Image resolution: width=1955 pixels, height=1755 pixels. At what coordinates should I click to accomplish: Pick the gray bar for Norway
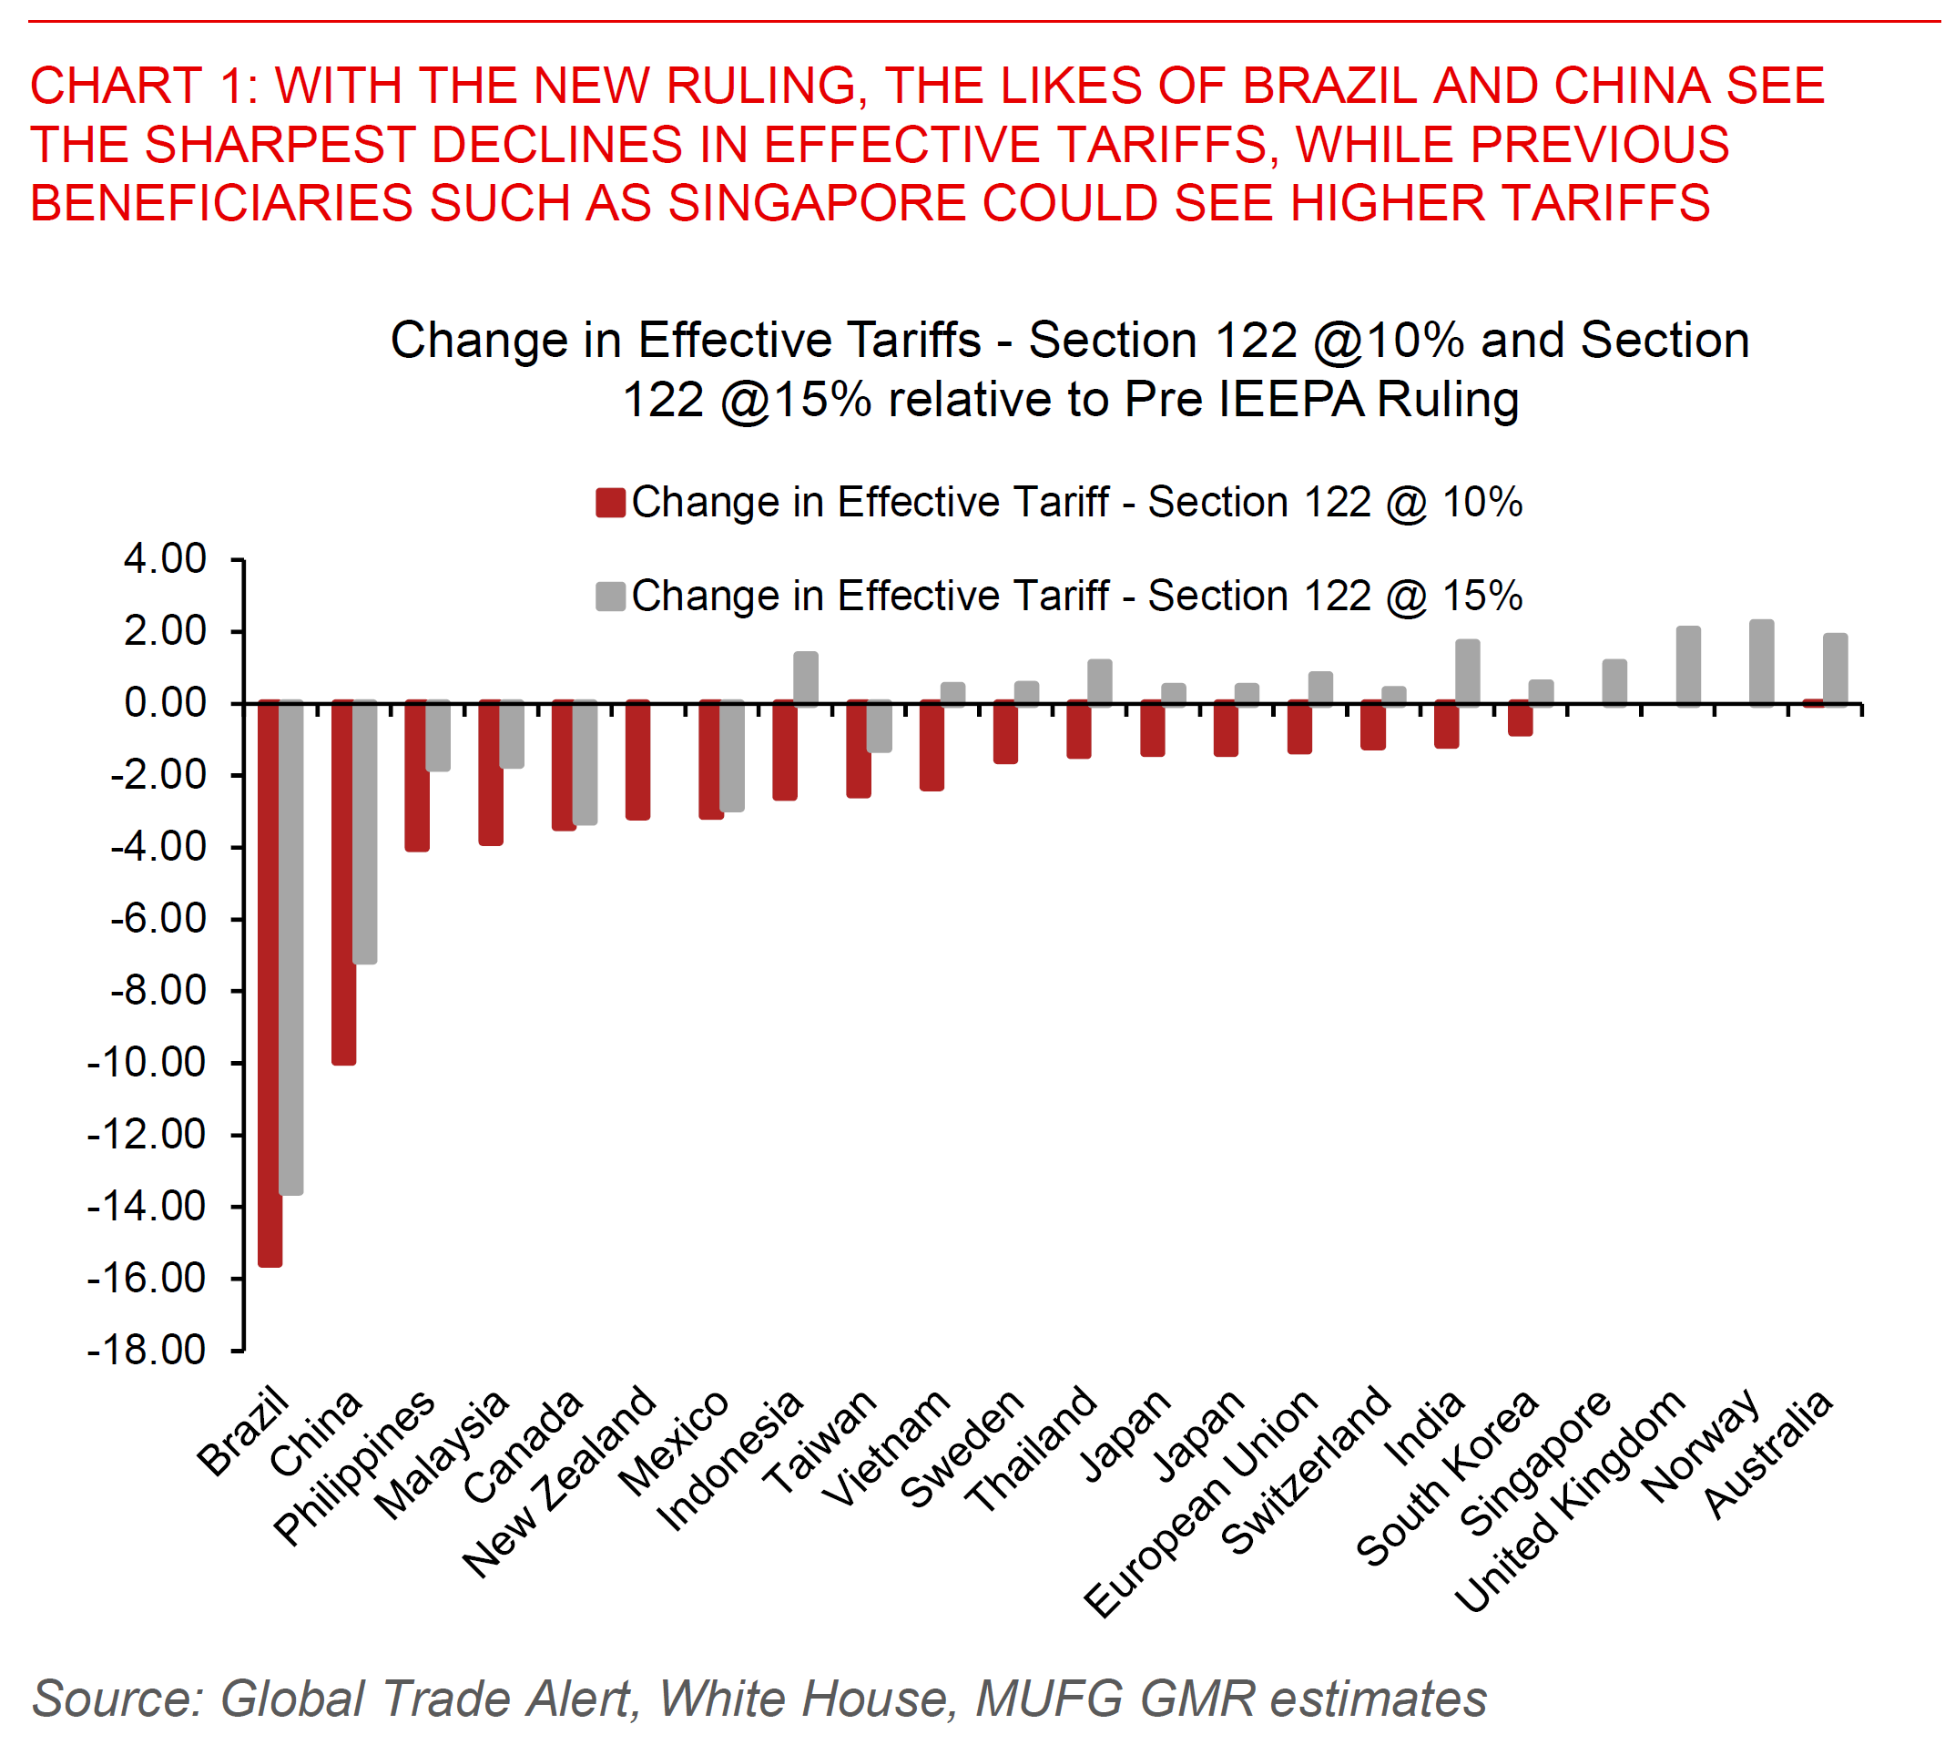pyautogui.click(x=1760, y=662)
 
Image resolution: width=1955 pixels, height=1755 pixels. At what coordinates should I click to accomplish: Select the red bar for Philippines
pyautogui.click(x=416, y=775)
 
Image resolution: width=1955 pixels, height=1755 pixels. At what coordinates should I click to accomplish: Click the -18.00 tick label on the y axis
pyautogui.click(x=147, y=1350)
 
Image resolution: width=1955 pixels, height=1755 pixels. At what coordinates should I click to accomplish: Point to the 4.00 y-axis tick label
pyautogui.click(x=165, y=559)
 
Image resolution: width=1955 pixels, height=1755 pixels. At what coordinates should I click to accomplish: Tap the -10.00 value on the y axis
pyautogui.click(x=147, y=1063)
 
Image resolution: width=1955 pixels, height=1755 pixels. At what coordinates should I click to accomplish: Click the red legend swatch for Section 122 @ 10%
pyautogui.click(x=610, y=504)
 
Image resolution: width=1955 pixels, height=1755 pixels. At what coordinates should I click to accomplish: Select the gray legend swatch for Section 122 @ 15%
pyautogui.click(x=610, y=596)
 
